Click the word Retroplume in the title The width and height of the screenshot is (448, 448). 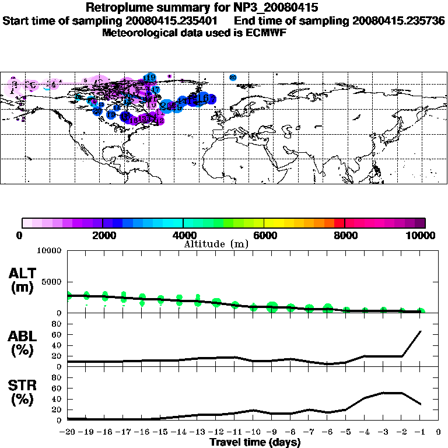[120, 8]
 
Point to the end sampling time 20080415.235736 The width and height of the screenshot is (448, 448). [399, 20]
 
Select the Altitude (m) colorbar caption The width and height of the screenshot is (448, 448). [216, 244]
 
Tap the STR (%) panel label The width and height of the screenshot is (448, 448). [23, 393]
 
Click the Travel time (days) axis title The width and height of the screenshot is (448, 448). [255, 443]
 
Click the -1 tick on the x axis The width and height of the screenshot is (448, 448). [421, 432]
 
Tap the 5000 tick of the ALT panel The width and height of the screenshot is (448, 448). [51, 281]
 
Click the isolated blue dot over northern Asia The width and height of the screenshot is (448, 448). [233, 77]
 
